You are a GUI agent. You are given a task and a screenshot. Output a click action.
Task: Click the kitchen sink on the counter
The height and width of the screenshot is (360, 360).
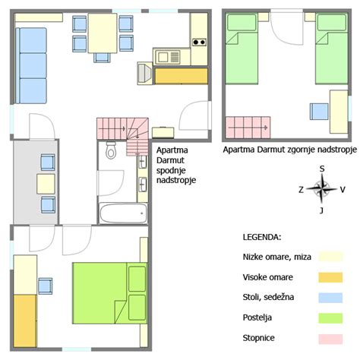[165, 55]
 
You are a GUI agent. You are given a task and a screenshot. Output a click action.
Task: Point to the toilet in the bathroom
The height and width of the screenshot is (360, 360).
[111, 151]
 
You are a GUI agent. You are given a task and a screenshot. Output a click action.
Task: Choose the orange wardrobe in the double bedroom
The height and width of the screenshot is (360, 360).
[24, 319]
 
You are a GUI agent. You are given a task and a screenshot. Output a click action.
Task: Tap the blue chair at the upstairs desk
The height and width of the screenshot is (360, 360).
[317, 111]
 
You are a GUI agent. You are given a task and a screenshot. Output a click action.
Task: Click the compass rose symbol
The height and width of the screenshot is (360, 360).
[322, 189]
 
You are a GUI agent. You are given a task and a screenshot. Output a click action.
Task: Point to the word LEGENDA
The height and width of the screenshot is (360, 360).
[261, 238]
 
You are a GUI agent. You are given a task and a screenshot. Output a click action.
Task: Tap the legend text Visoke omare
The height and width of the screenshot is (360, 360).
[267, 277]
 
